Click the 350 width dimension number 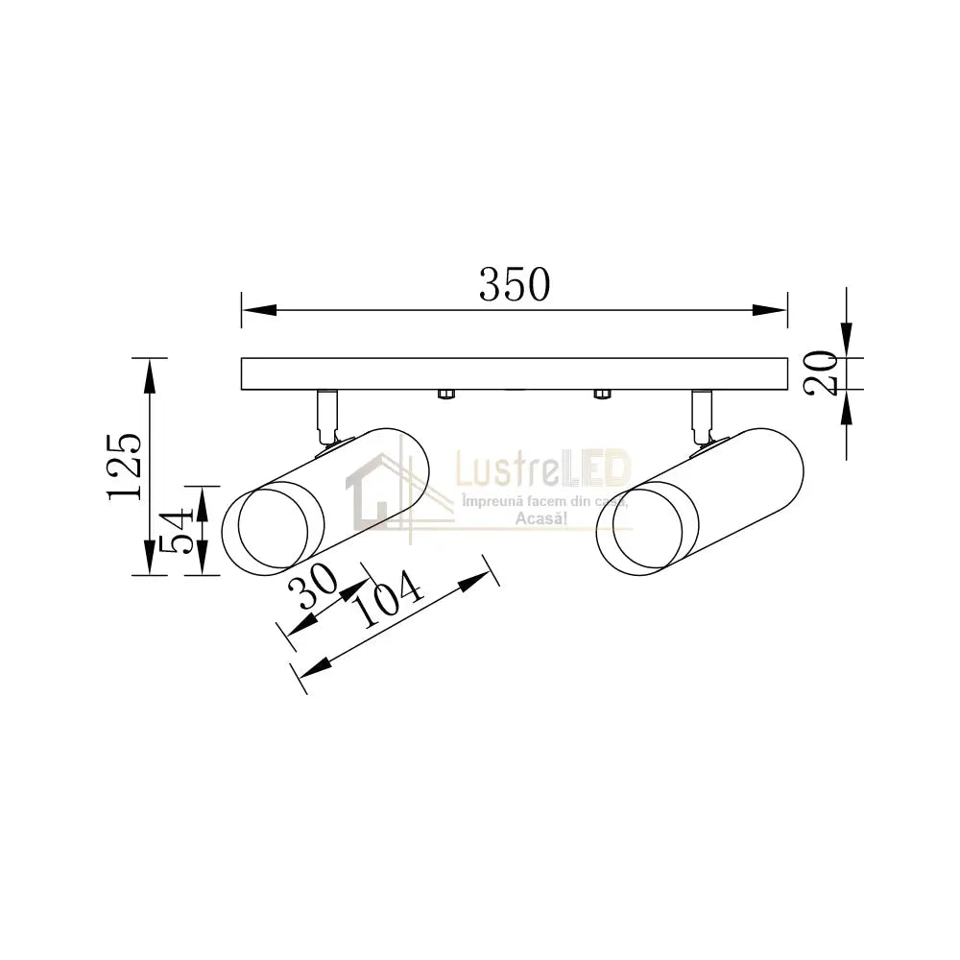(x=515, y=285)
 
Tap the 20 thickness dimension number (x=821, y=373)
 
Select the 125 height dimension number (x=125, y=468)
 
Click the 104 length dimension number (x=388, y=599)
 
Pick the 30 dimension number (x=313, y=586)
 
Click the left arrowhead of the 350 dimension (x=259, y=310)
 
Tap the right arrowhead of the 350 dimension (x=770, y=310)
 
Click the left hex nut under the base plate (x=446, y=395)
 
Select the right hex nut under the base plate (x=602, y=395)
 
